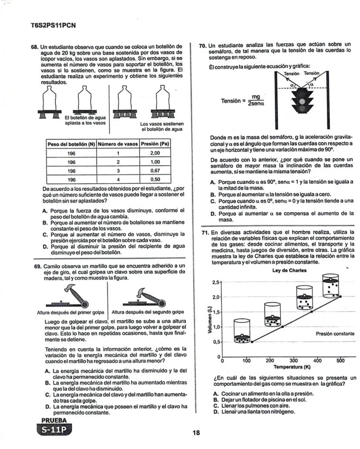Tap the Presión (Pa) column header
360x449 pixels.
pos(155,144)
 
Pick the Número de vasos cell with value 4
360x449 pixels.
pos(118,179)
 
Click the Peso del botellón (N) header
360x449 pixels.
pos(71,144)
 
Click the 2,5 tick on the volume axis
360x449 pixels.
pos(216,283)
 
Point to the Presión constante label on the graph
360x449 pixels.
pos(334,334)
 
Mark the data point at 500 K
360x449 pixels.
pos(340,296)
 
